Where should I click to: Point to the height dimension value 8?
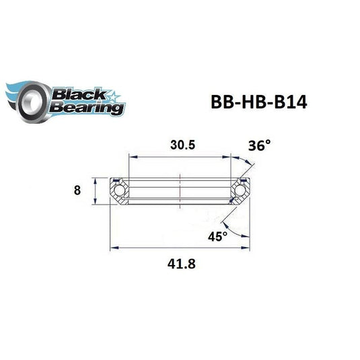pos(77,190)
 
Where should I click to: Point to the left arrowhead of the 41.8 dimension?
pos(113,247)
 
